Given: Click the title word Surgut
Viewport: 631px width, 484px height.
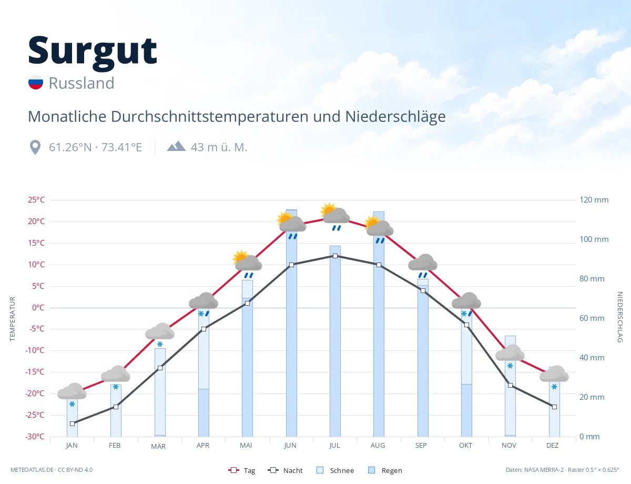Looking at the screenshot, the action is click(x=93, y=52).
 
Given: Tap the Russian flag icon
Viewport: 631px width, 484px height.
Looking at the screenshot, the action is click(x=36, y=82).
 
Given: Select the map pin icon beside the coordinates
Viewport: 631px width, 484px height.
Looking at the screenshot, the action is click(x=35, y=147).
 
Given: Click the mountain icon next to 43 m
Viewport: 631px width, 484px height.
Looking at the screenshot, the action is click(x=176, y=146).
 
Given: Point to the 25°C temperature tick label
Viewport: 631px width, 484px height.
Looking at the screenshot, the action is click(x=36, y=200).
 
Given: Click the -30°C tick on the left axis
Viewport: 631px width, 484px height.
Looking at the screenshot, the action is click(x=35, y=436).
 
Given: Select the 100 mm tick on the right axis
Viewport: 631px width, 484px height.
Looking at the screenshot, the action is click(x=594, y=239).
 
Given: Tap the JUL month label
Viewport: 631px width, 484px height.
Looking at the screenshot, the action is click(x=334, y=446).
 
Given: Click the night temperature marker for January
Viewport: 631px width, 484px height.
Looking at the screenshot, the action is click(x=73, y=423).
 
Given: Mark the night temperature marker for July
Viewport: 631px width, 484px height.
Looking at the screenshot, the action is click(x=335, y=256).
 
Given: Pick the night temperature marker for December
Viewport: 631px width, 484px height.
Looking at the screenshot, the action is click(x=554, y=407).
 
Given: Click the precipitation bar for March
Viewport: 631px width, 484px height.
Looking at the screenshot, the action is click(x=160, y=392).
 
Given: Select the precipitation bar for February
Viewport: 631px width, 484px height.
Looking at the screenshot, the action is click(x=116, y=410).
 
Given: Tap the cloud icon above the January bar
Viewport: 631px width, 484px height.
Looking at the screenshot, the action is click(x=72, y=391).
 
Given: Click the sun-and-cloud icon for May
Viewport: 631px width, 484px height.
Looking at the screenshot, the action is click(x=247, y=260).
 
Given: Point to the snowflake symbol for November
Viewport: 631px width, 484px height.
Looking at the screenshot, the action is click(x=510, y=366).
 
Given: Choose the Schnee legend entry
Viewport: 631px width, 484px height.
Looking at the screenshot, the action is click(x=335, y=470).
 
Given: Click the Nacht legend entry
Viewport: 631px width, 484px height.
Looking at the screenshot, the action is click(x=285, y=470).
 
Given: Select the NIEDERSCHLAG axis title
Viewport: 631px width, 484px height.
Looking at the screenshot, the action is click(x=619, y=317).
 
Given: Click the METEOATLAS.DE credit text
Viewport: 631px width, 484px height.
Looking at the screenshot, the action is click(x=32, y=470).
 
